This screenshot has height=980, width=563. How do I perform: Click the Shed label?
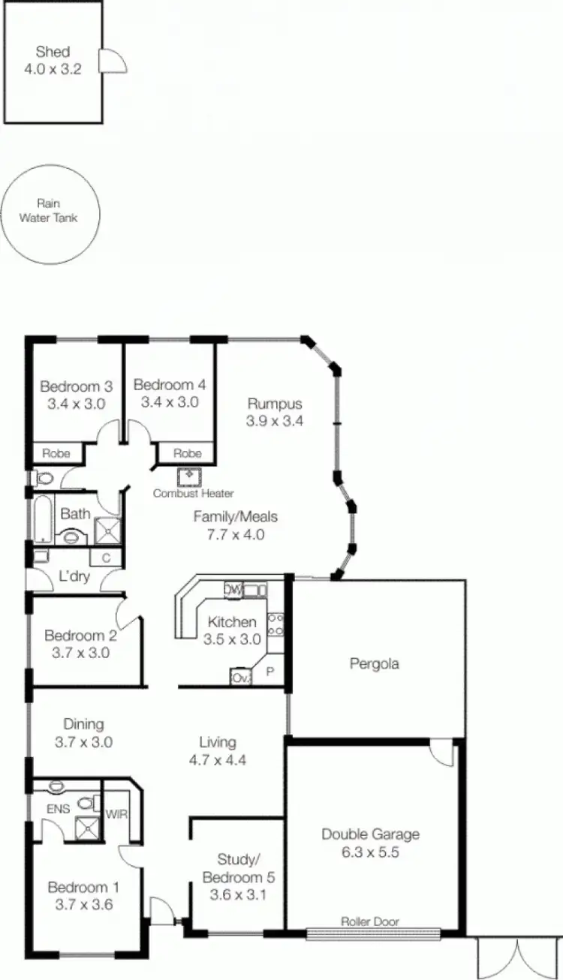click(x=53, y=53)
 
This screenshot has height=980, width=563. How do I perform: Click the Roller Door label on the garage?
click(x=370, y=921)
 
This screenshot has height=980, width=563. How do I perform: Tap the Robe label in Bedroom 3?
click(x=56, y=453)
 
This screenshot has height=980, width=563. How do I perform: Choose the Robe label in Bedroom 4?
click(x=187, y=453)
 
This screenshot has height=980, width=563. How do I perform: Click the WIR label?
click(x=116, y=813)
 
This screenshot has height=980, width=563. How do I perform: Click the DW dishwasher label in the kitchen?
click(x=233, y=590)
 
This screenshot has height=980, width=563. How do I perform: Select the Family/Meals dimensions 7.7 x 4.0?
click(x=236, y=534)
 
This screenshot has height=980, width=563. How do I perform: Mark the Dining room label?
click(x=83, y=724)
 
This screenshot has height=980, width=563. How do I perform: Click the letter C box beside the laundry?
click(x=106, y=558)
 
